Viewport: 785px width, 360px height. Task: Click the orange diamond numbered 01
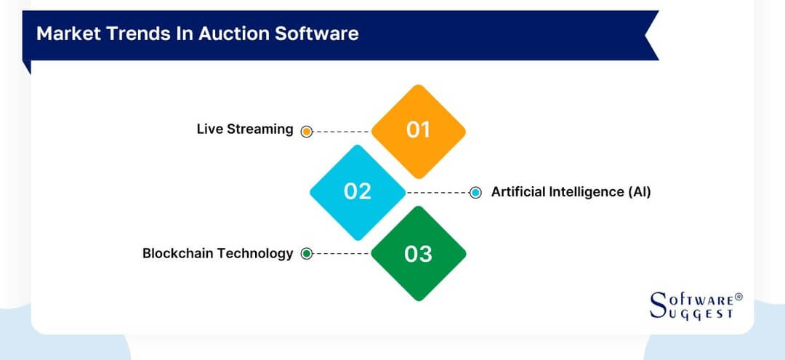[x=418, y=131]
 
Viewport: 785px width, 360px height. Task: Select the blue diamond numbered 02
[x=357, y=192]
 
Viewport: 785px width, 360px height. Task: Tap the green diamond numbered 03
[x=418, y=254]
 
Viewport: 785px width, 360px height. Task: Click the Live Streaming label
[x=245, y=129]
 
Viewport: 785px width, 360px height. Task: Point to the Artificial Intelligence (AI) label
[x=571, y=192]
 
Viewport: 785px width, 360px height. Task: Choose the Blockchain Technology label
[x=217, y=254]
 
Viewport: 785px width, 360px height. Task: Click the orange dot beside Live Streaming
[x=307, y=132]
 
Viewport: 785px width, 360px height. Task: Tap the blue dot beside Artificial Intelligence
[x=475, y=193]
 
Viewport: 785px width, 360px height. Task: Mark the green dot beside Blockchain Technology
[x=307, y=254]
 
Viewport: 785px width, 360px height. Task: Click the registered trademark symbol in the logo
[x=738, y=297]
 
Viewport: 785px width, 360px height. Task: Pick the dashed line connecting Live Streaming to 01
[x=342, y=132]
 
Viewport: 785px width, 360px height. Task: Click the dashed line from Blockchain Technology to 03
[x=342, y=254]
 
